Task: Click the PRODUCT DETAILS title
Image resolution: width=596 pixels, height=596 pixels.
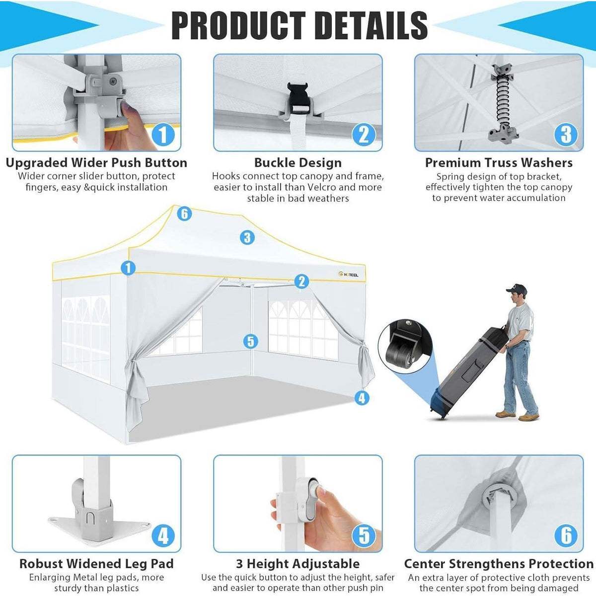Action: pyautogui.click(x=299, y=25)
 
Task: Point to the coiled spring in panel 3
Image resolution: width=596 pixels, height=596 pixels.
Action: pyautogui.click(x=503, y=103)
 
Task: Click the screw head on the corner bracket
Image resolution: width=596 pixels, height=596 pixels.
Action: pyautogui.click(x=113, y=81)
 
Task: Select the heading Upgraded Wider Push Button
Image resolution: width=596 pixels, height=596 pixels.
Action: pyautogui.click(x=96, y=163)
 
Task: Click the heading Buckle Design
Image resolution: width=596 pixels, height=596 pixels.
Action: pyautogui.click(x=298, y=163)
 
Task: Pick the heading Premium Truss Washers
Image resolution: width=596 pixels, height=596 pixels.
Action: pyautogui.click(x=499, y=163)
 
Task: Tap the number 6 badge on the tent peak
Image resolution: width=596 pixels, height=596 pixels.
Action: pyautogui.click(x=184, y=214)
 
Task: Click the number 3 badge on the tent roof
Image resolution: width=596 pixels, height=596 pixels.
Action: pyautogui.click(x=247, y=237)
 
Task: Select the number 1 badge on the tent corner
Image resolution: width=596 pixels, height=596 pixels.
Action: pyautogui.click(x=128, y=268)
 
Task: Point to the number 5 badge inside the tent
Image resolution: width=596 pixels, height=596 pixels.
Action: pyautogui.click(x=250, y=341)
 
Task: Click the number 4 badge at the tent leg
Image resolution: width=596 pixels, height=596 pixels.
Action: pyautogui.click(x=362, y=398)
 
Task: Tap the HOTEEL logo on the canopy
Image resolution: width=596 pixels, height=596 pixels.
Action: pyautogui.click(x=349, y=274)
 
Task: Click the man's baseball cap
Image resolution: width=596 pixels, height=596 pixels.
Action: pyautogui.click(x=517, y=290)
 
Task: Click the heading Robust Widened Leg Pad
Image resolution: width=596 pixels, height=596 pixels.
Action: pyautogui.click(x=96, y=564)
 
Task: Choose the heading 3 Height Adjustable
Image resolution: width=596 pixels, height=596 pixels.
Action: pyautogui.click(x=298, y=564)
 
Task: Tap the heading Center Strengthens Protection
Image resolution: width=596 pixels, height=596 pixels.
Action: pyautogui.click(x=499, y=564)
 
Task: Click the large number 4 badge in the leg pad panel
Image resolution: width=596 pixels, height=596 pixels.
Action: pyautogui.click(x=163, y=536)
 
